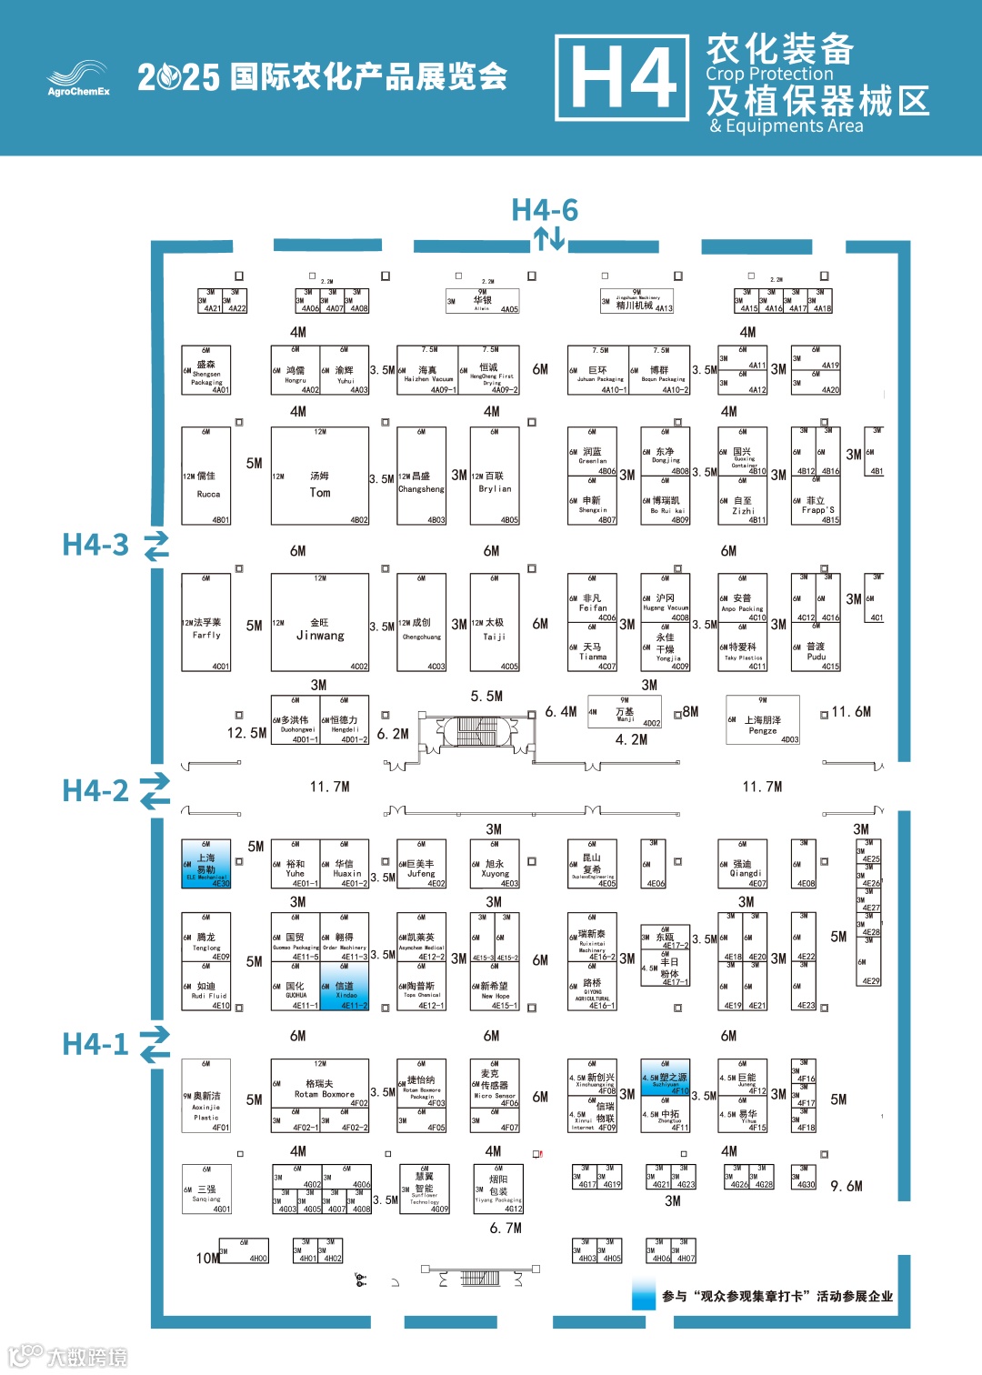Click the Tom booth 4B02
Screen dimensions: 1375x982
[x=320, y=477]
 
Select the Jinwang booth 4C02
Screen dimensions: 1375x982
[x=320, y=623]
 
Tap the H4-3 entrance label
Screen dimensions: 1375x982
[x=95, y=545]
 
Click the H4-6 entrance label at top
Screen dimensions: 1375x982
[x=545, y=210]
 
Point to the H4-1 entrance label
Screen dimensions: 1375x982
[x=95, y=1044]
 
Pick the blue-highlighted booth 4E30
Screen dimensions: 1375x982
[x=206, y=864]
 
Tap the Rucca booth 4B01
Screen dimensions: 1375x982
[x=206, y=477]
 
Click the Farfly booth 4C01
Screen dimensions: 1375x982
[x=206, y=623]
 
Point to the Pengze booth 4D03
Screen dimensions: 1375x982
[x=762, y=720]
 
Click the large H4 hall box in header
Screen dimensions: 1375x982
[x=623, y=78]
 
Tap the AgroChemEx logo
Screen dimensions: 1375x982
[x=78, y=78]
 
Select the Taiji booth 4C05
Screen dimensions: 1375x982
[x=495, y=623]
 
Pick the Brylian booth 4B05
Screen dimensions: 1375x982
[x=495, y=477]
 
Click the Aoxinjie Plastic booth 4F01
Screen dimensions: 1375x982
[x=206, y=1096]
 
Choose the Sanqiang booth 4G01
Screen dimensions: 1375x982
[x=206, y=1189]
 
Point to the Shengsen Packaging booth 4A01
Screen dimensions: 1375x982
[x=206, y=370]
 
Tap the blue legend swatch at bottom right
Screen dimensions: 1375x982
[x=644, y=1295]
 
